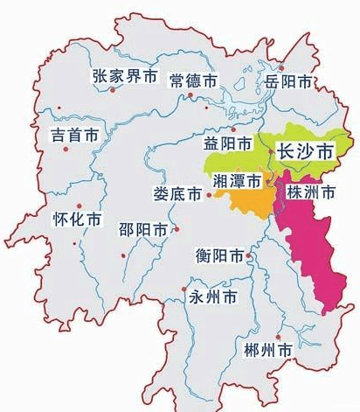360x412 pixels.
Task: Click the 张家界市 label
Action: point(125,77)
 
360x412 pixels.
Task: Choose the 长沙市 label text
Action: point(303,151)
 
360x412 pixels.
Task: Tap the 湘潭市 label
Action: point(237,181)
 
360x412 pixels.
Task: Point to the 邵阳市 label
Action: point(142,230)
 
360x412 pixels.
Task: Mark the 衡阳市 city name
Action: point(220,256)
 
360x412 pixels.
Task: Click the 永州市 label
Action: point(213,297)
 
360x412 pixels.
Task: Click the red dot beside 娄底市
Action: point(209,198)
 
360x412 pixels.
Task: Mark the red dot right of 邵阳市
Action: point(176,230)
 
